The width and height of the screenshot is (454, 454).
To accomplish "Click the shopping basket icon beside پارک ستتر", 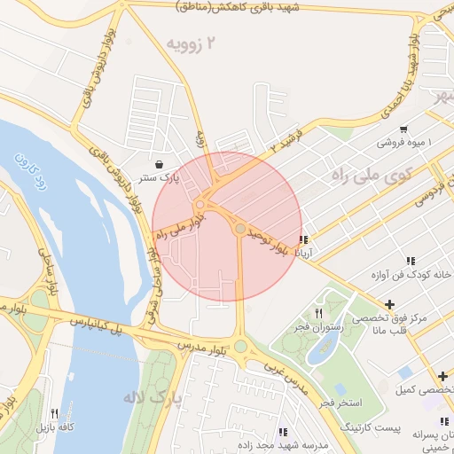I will click(158, 164).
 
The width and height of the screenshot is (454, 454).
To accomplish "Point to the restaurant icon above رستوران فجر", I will click(318, 314).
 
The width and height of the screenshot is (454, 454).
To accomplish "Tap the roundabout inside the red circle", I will click(240, 230).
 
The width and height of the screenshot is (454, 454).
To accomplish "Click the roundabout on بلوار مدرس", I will click(239, 347).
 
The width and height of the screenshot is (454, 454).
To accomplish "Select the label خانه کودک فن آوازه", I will click(415, 275).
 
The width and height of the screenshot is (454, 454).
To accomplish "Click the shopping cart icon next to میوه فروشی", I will click(403, 128).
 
